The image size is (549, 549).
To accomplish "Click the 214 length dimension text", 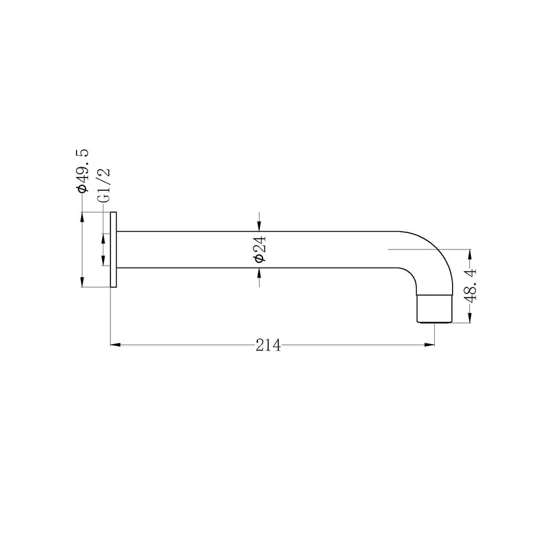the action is click(268, 345).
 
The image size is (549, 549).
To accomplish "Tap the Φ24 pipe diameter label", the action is click(260, 249).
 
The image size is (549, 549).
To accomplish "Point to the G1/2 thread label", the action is click(104, 185).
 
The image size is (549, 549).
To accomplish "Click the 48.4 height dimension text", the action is click(471, 286).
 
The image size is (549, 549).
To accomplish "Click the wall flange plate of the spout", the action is click(113, 250).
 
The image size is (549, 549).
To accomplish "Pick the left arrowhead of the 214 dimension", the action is click(116, 345).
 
